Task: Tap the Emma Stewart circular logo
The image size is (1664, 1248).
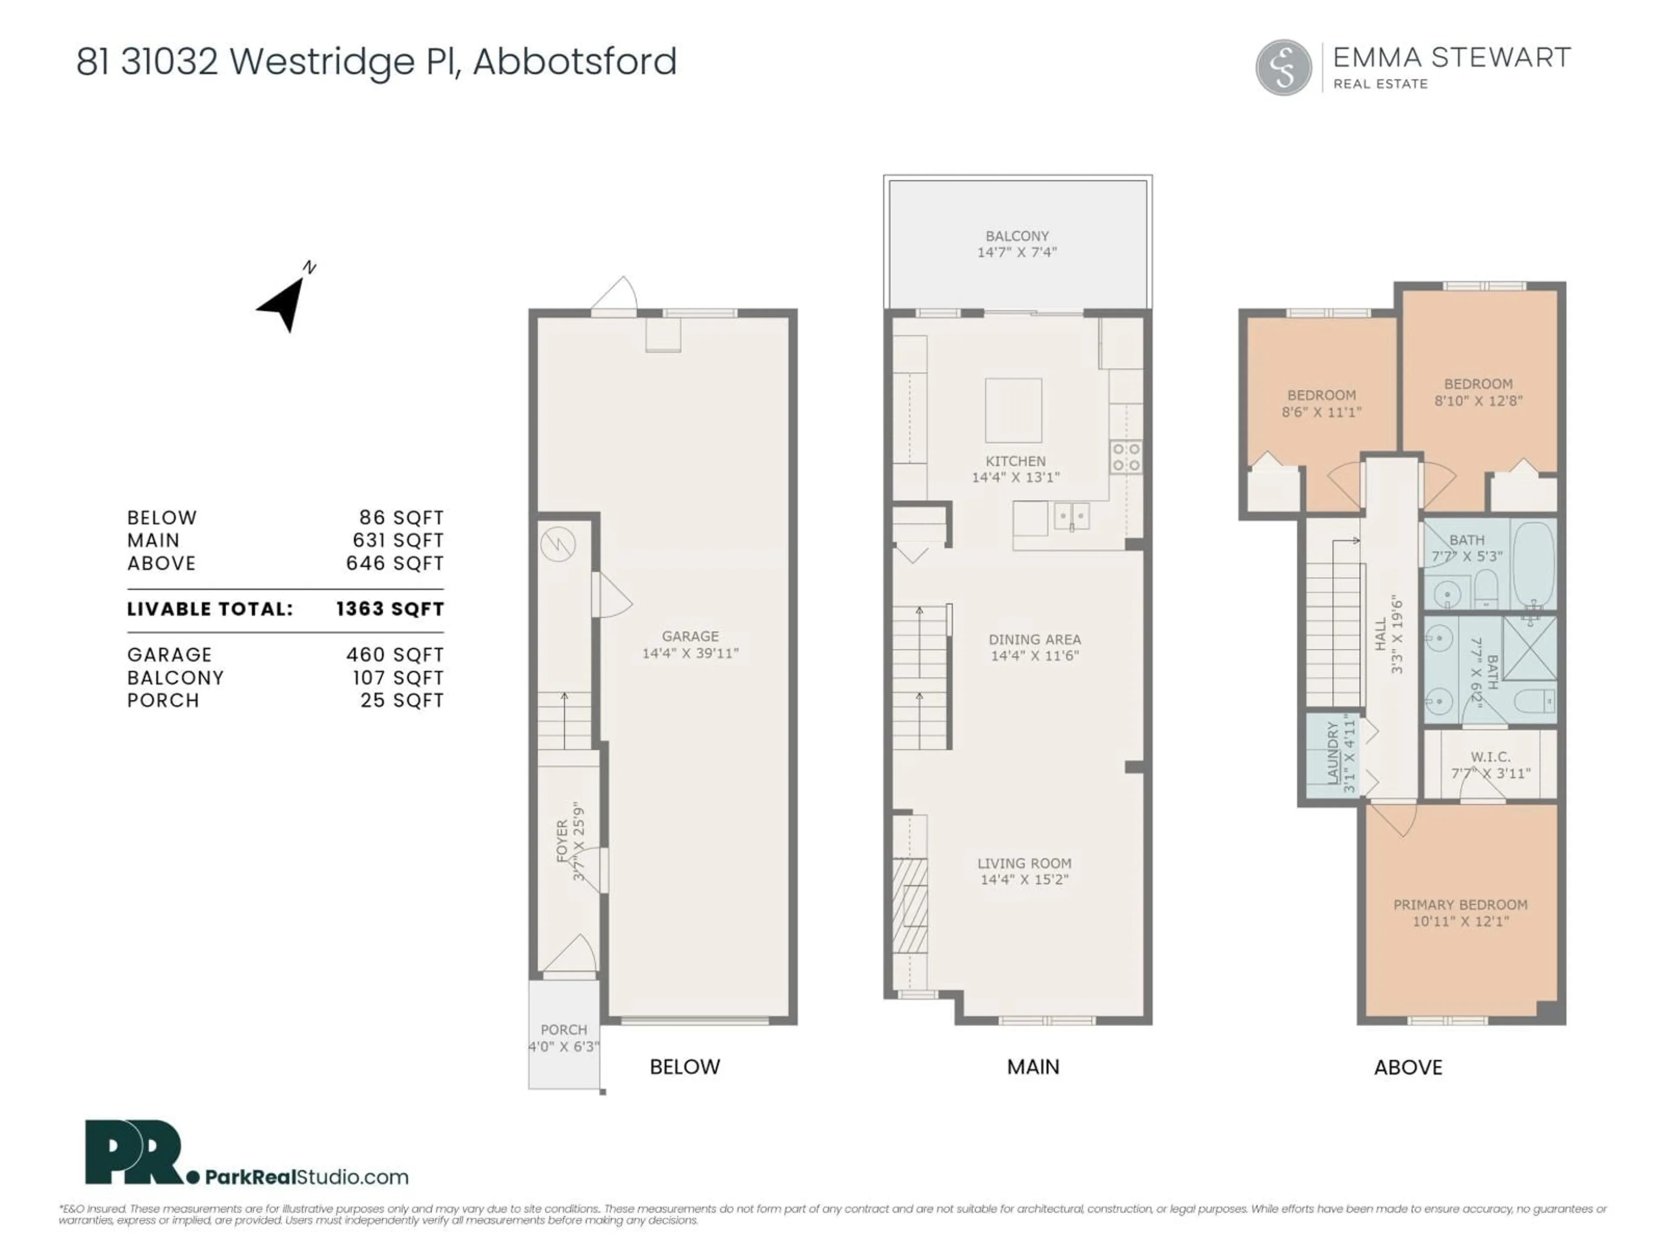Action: point(1284,68)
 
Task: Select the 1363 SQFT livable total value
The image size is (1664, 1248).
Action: point(390,609)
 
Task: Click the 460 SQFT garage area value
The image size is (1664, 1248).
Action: point(395,655)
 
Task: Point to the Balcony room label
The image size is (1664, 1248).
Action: point(1017,236)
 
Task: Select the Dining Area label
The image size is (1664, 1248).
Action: point(1034,640)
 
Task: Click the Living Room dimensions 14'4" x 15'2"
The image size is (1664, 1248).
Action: point(1024,879)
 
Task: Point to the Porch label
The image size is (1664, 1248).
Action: point(563,1030)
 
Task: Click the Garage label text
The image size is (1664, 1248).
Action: point(690,637)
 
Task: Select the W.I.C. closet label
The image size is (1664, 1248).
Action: point(1490,757)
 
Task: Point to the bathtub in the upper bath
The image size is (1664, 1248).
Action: point(1533,564)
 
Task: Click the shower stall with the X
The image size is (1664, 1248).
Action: point(1529,648)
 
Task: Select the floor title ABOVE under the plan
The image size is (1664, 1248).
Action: point(1407,1067)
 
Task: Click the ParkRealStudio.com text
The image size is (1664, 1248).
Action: point(307,1177)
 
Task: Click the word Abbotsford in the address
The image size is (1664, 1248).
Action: point(575,62)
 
